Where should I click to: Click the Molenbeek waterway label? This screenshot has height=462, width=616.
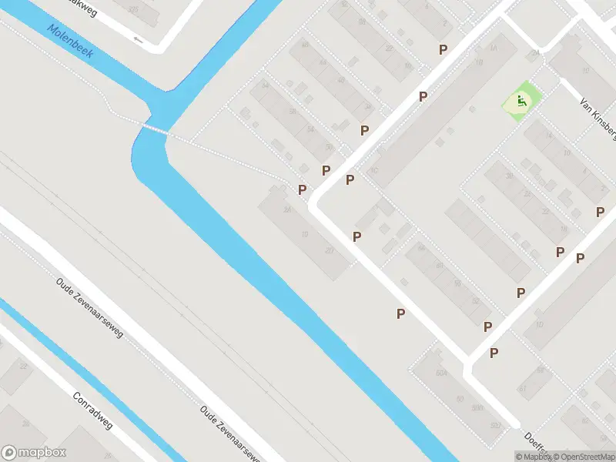[x=69, y=42]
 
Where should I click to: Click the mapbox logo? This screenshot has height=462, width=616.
[x=34, y=453]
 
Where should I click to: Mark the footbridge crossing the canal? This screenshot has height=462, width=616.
[x=155, y=128]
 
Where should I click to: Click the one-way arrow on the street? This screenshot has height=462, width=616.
[x=139, y=39]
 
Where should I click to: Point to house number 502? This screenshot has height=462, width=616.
[x=495, y=426]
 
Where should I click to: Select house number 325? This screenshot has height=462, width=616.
[x=135, y=10]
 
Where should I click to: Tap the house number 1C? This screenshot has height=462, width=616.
[x=374, y=171]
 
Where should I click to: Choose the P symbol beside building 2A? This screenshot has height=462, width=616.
[x=303, y=189]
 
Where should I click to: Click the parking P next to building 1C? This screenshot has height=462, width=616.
[x=350, y=180]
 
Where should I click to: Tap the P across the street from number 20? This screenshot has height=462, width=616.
[x=357, y=236]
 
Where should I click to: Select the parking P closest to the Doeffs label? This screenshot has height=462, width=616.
[x=494, y=353]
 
